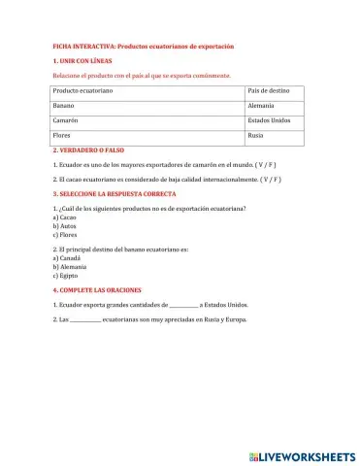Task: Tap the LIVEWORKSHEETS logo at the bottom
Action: point(302,454)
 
